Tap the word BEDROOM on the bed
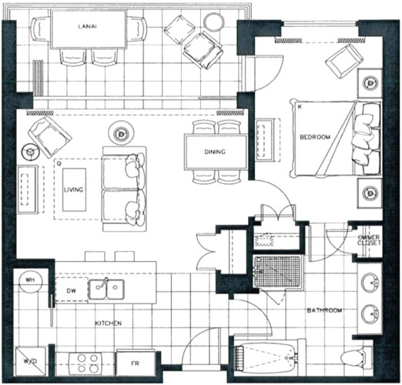315,137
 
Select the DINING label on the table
215,152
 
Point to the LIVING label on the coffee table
74,189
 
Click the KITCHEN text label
108,323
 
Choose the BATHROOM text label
324,310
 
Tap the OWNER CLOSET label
369,240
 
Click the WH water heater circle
30,281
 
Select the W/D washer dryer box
30,362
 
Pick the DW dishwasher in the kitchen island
72,290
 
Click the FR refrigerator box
135,363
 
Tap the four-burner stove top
88,363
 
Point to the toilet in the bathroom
357,357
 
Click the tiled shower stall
277,272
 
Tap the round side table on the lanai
214,22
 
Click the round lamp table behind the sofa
121,133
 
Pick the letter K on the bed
300,107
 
